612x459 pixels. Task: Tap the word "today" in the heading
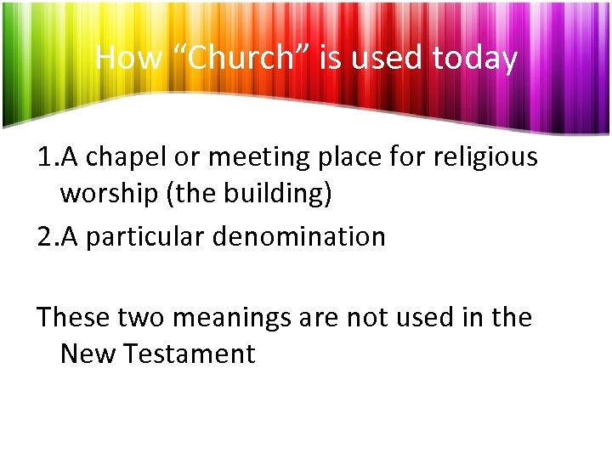pyautogui.click(x=474, y=58)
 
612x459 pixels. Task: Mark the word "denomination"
pyautogui.click(x=299, y=236)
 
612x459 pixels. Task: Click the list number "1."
pyautogui.click(x=47, y=157)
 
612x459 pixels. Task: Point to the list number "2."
pyautogui.click(x=47, y=236)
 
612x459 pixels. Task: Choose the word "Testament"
pyautogui.click(x=190, y=353)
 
